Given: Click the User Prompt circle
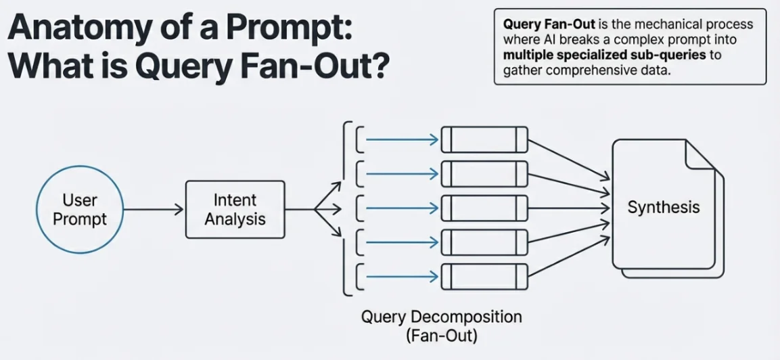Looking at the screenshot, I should [80, 210].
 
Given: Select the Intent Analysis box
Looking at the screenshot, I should [235, 210].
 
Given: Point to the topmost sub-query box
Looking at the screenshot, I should [484, 140].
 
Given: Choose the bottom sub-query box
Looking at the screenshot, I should [484, 276].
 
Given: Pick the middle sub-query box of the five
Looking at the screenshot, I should [484, 208].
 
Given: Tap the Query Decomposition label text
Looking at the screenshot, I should [441, 317].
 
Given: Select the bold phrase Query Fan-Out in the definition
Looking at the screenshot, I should [549, 24].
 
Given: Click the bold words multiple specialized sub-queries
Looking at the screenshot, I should [604, 55].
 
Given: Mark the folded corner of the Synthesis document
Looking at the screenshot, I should [699, 155].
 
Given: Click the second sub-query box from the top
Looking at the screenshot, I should [484, 174].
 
